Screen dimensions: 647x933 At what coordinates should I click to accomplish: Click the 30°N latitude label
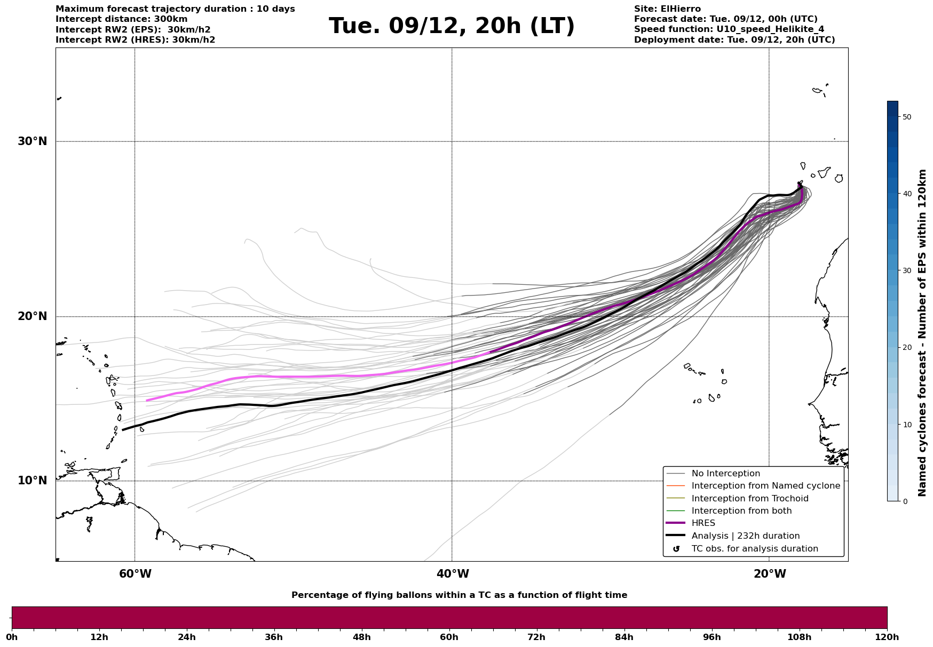click(x=33, y=142)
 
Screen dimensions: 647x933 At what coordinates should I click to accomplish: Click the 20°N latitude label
click(x=33, y=317)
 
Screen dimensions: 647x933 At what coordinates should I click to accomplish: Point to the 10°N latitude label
click(x=33, y=481)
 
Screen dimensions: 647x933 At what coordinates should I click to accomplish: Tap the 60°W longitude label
click(x=135, y=574)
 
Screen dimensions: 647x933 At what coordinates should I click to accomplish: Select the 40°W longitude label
click(x=453, y=574)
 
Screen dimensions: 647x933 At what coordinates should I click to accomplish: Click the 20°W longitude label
click(x=770, y=574)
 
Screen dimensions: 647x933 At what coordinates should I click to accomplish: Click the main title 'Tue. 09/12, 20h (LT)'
click(x=452, y=26)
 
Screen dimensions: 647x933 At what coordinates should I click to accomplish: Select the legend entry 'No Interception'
click(x=725, y=474)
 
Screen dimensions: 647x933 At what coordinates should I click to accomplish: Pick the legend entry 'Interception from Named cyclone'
click(x=765, y=486)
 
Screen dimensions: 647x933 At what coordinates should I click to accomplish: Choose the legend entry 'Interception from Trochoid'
click(x=749, y=499)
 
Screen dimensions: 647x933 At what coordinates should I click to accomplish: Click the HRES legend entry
click(x=703, y=523)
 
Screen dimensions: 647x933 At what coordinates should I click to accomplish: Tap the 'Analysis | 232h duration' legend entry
click(x=745, y=536)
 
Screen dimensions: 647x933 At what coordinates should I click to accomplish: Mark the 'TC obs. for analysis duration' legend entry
click(x=754, y=549)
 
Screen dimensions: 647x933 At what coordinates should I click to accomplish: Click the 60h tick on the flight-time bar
click(x=449, y=637)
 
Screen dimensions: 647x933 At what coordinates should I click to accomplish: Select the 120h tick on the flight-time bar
click(x=887, y=637)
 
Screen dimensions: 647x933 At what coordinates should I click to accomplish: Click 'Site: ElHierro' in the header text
click(x=667, y=9)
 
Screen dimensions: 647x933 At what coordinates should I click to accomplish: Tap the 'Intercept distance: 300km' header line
click(x=122, y=19)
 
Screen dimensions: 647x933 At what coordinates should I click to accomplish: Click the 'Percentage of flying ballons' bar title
click(x=459, y=595)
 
